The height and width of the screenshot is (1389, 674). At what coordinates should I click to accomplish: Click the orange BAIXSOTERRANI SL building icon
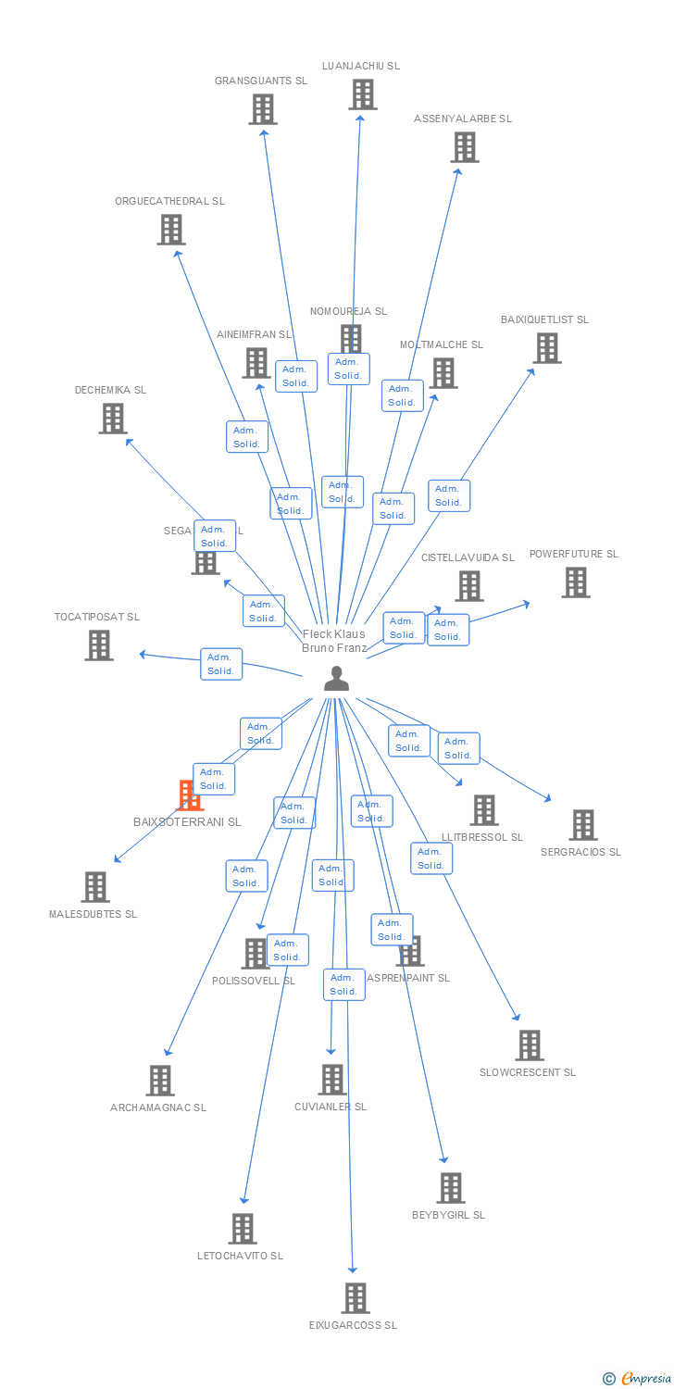190,795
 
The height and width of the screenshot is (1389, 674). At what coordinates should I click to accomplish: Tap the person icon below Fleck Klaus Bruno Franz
336,679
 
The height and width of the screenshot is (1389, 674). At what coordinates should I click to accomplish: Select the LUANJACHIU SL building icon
363,94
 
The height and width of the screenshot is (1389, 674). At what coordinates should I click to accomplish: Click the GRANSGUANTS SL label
261,81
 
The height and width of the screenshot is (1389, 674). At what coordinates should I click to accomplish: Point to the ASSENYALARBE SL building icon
465,147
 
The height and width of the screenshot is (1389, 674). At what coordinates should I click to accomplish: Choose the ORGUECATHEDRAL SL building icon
171,230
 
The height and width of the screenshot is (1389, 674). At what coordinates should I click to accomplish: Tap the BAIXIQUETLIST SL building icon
547,348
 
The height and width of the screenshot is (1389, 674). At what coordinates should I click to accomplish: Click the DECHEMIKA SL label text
110,390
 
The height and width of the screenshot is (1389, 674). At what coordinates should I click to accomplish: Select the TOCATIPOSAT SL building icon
99,645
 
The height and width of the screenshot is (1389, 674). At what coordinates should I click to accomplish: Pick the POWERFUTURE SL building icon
576,582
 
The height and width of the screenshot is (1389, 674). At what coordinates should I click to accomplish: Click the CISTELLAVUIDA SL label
468,557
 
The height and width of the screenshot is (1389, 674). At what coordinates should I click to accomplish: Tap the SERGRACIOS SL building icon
583,824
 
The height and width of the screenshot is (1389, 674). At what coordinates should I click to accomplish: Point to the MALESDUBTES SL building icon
95,887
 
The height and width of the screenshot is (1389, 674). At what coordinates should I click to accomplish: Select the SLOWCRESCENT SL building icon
530,1045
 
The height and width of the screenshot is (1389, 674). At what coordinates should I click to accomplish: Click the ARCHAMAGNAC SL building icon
160,1081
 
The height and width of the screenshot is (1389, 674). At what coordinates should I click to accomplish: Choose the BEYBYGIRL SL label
448,1215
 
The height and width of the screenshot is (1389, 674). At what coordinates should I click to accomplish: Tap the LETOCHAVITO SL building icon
243,1229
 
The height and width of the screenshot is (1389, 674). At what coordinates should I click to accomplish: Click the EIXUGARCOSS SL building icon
356,1298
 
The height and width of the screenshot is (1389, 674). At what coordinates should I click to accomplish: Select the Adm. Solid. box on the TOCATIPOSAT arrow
221,664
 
